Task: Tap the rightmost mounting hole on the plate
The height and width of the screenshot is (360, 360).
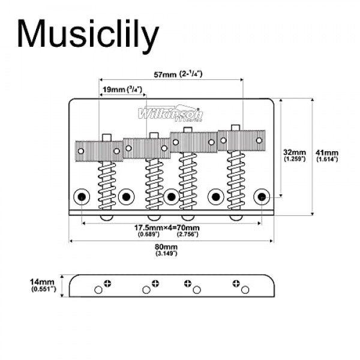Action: point(262,196)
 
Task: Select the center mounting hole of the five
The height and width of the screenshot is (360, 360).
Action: point(172,196)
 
